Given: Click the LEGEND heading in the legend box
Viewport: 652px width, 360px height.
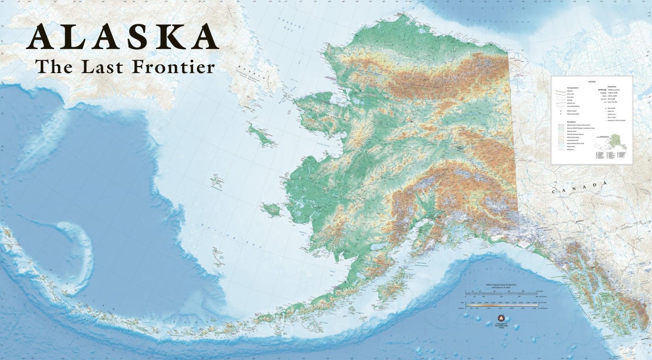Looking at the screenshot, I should [592, 81].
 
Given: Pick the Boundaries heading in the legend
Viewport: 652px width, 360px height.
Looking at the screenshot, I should [565, 122].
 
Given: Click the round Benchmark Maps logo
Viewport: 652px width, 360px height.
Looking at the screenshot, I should [500, 318].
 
